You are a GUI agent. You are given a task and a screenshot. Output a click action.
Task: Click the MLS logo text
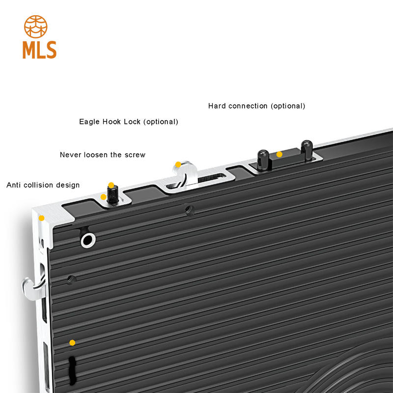click(x=39, y=50)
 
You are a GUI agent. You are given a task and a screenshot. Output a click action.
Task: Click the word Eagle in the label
click(x=89, y=121)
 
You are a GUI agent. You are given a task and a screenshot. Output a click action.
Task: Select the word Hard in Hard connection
click(x=217, y=106)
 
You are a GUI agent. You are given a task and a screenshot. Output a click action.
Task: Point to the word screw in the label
click(x=136, y=155)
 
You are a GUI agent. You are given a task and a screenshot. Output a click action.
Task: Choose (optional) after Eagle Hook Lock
click(x=161, y=121)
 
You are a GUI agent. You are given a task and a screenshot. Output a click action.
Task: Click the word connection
click(x=249, y=106)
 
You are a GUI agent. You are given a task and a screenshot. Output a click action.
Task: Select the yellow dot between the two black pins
click(x=280, y=154)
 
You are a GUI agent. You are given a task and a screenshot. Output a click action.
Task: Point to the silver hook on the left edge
click(x=32, y=287)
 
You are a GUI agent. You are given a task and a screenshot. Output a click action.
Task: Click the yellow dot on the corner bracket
click(x=42, y=218)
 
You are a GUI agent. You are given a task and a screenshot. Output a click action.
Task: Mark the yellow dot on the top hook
click(x=178, y=165)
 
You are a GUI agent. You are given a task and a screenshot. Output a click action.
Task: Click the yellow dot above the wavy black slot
click(x=72, y=342)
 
